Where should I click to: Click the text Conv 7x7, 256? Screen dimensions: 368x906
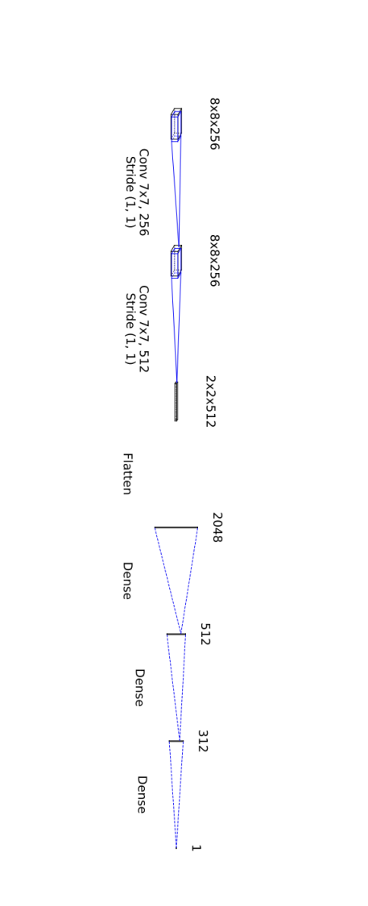[143, 192]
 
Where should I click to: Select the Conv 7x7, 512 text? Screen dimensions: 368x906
[143, 329]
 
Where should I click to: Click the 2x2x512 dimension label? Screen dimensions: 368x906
[210, 401]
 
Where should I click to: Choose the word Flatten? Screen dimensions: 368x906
[127, 474]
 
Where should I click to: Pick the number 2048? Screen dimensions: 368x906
[217, 527]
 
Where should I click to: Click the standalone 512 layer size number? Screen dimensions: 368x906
[205, 634]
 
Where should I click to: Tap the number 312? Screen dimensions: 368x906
[202, 741]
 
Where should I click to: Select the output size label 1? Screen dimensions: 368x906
[196, 848]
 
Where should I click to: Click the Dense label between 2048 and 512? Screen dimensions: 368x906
[127, 581]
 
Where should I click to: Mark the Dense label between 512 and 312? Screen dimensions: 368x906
[139, 688]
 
